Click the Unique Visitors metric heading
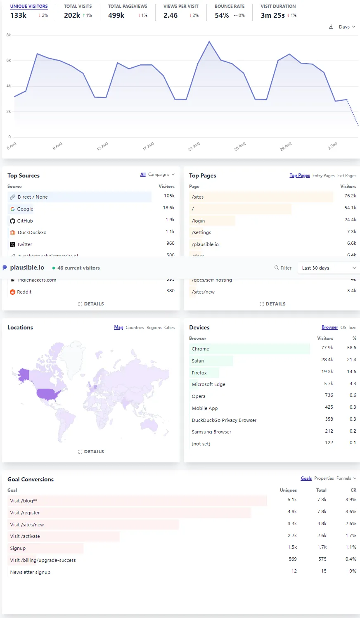click(x=29, y=6)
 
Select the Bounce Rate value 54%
click(x=222, y=15)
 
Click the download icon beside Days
click(x=331, y=27)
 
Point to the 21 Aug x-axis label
click(x=194, y=146)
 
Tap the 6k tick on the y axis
click(x=9, y=61)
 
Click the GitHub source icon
click(x=12, y=221)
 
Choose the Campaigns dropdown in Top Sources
click(x=161, y=175)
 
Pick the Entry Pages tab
click(x=323, y=175)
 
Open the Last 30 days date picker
click(x=328, y=268)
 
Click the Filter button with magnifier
click(x=283, y=268)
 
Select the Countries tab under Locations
click(x=135, y=327)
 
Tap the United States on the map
click(x=47, y=395)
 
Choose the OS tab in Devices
click(x=343, y=327)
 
